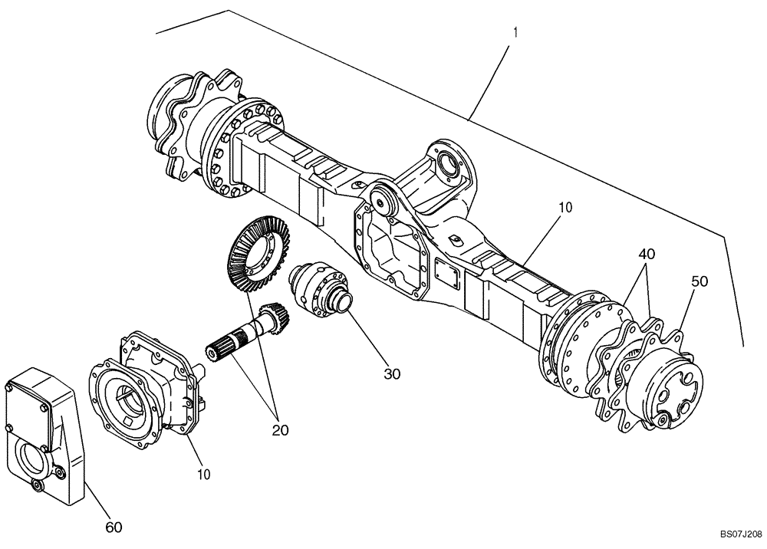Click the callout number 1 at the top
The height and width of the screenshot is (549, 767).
click(x=516, y=32)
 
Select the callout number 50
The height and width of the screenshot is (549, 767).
click(x=699, y=281)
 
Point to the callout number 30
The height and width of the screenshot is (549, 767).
click(x=392, y=374)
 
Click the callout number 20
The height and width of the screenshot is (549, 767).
click(x=280, y=430)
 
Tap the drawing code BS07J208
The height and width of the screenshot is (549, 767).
click(x=740, y=533)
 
